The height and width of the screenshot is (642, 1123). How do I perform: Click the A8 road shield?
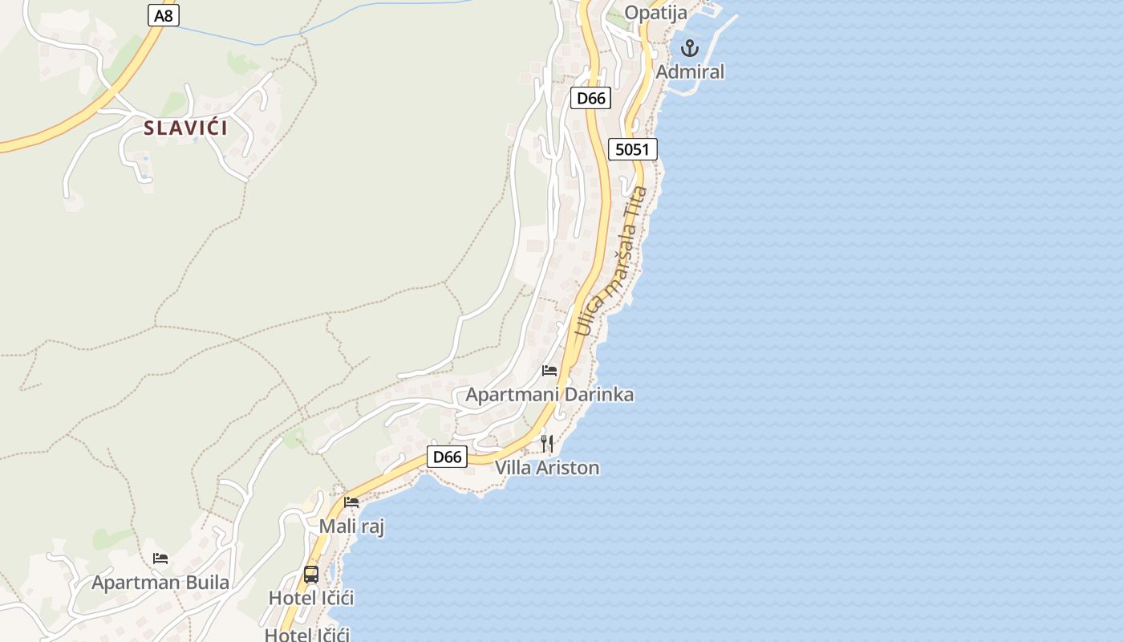point(163,15)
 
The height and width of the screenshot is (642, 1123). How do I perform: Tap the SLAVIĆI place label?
point(185,128)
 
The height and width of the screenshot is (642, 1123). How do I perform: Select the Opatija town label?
point(655,13)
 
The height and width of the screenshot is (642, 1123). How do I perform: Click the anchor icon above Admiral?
point(689,49)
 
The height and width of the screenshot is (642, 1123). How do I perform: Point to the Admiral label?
point(690,71)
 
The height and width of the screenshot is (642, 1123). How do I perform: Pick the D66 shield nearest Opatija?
point(591,98)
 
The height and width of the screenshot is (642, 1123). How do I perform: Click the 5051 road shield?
point(632,148)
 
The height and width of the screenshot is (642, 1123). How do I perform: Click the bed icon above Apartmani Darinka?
point(549,371)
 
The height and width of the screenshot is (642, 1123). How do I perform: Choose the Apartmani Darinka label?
point(549,395)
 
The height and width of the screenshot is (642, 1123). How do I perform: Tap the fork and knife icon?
point(547,443)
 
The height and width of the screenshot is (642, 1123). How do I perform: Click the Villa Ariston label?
point(547,468)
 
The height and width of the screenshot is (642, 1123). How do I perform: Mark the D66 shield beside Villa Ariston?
point(447,457)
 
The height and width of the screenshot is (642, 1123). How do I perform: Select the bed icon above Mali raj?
point(351,502)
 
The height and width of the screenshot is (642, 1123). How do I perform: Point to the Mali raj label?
point(351,526)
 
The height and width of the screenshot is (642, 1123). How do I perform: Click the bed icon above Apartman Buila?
point(160,559)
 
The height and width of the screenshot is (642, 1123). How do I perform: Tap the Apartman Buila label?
point(160,583)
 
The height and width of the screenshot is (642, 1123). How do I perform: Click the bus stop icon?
point(311,575)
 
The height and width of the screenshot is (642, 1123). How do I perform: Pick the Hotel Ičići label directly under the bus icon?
point(311,599)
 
